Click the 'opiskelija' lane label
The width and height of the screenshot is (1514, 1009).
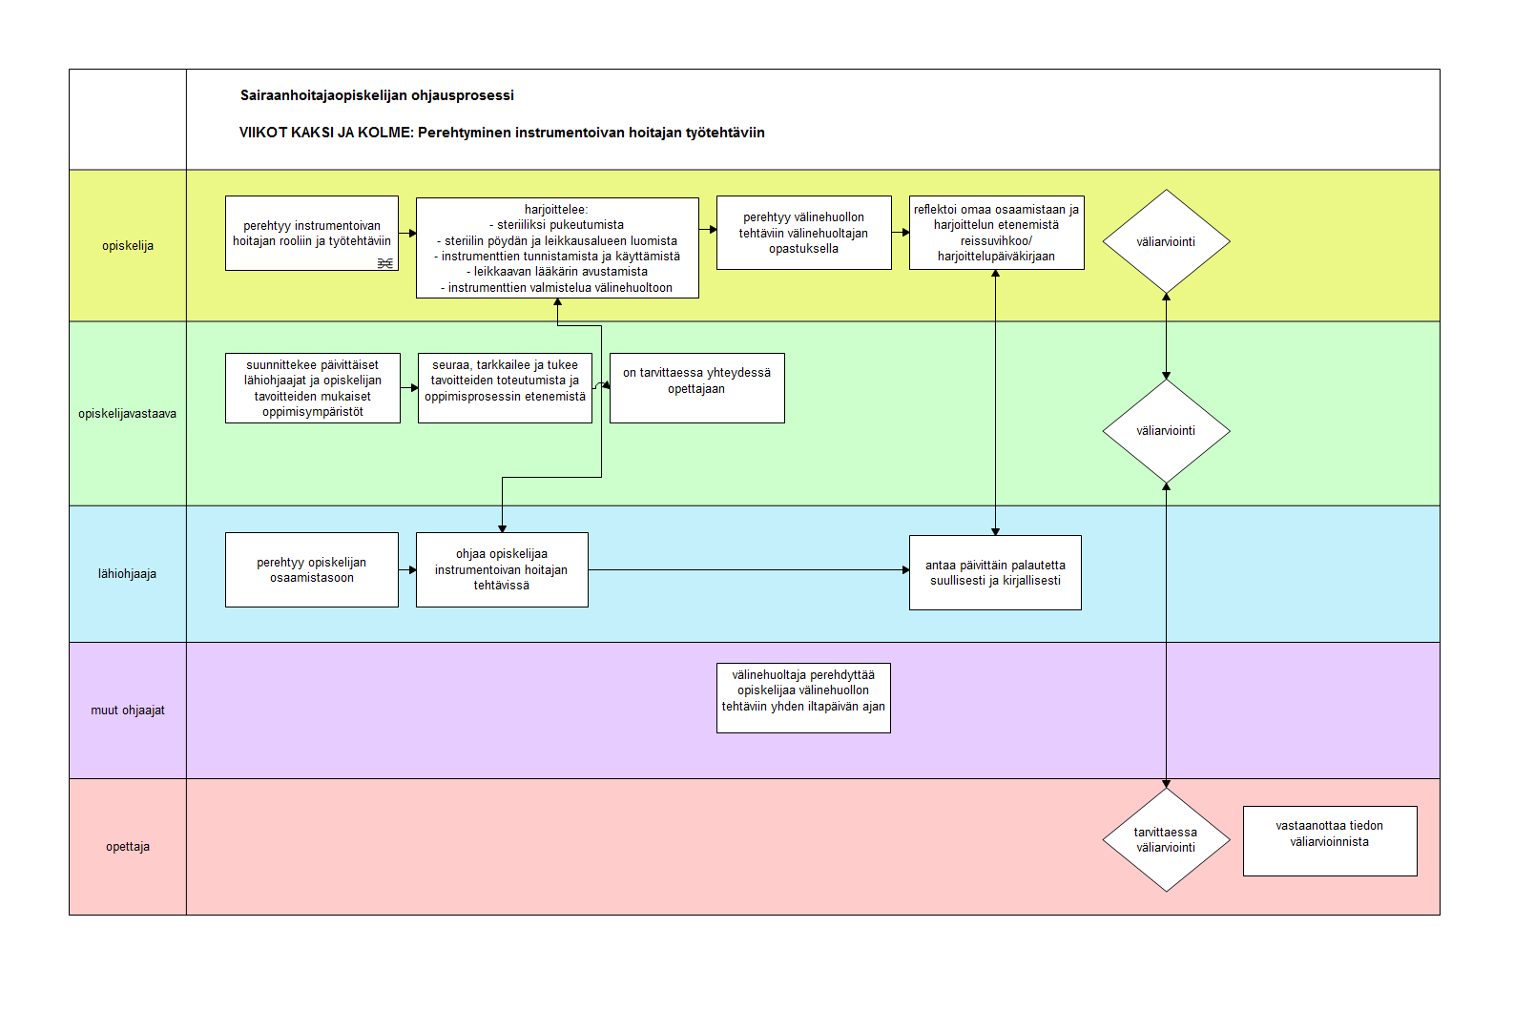click(128, 246)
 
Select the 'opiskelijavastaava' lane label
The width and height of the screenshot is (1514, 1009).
click(128, 414)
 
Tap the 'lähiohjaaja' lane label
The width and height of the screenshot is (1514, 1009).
click(128, 574)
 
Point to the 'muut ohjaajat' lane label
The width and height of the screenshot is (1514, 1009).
click(128, 710)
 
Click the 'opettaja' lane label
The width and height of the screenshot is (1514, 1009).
click(128, 847)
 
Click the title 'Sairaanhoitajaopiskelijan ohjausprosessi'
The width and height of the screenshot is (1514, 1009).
click(377, 95)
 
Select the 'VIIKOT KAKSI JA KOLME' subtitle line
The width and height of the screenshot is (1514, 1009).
click(502, 133)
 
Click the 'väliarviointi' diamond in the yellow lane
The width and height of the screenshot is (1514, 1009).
click(1166, 241)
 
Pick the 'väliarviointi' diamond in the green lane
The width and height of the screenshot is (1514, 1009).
click(1166, 430)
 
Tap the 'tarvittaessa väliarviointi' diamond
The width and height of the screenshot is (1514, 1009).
click(1166, 840)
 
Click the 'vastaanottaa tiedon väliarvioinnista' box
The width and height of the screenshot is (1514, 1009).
click(1330, 841)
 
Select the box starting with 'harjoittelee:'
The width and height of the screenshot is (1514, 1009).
click(557, 248)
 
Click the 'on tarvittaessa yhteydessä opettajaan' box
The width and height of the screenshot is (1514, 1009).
click(696, 388)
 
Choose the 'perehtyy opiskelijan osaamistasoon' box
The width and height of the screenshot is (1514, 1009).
click(312, 569)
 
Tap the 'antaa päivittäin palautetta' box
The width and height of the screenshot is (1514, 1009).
click(996, 572)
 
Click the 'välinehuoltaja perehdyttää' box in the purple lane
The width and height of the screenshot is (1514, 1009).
click(803, 697)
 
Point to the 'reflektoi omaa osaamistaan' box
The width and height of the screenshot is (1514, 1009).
click(997, 233)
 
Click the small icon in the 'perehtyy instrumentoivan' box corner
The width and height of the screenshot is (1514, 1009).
click(385, 263)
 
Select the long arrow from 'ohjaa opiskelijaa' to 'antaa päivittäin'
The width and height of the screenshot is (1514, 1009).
click(749, 569)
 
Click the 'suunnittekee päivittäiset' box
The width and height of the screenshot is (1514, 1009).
click(313, 388)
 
